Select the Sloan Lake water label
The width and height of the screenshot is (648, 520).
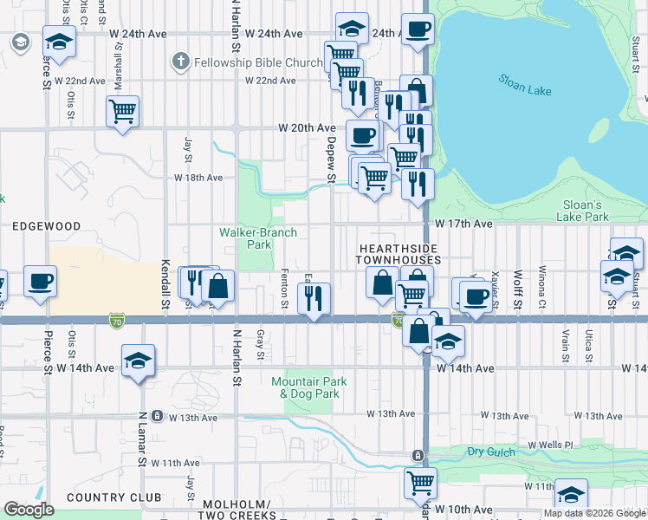(x=522, y=87)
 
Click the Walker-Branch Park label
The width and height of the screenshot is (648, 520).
(x=257, y=238)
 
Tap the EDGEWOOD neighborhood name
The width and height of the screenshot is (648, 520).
(x=46, y=226)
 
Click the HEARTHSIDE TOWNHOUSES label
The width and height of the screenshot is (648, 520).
(x=399, y=254)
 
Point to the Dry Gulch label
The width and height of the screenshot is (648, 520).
(x=493, y=452)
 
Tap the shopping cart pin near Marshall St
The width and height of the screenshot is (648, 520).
(x=122, y=110)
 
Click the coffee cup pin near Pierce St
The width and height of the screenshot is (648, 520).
(x=40, y=282)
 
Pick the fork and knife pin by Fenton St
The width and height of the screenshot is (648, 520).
(x=314, y=297)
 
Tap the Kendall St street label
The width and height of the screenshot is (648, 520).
(x=164, y=283)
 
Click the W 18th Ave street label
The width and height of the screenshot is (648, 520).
(x=198, y=178)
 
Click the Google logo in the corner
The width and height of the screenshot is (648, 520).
(x=29, y=510)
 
